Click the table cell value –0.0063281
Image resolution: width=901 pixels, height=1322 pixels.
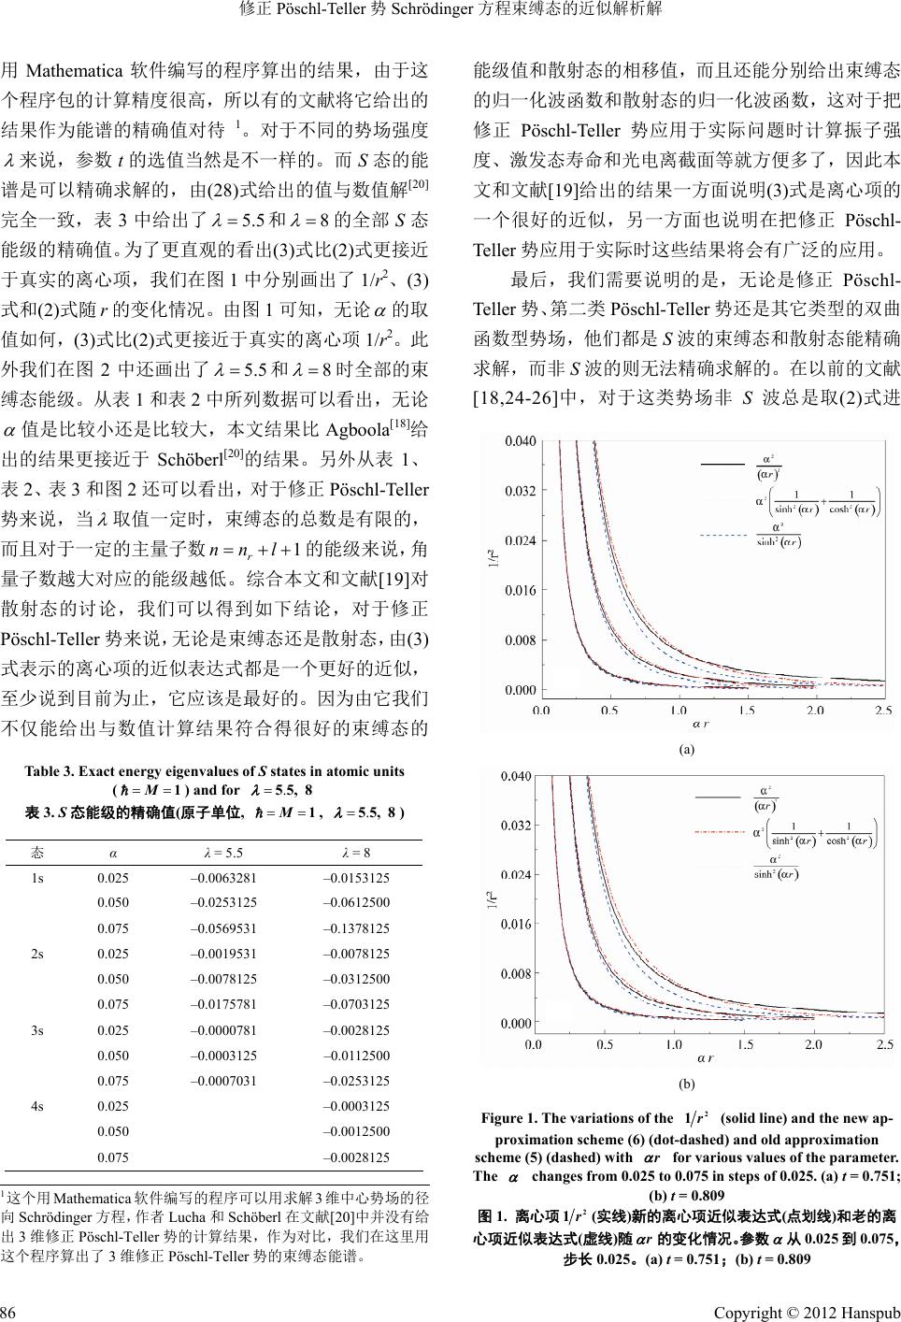(223, 878)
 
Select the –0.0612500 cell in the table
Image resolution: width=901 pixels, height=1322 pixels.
(356, 903)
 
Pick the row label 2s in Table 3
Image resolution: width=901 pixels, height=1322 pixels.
(37, 954)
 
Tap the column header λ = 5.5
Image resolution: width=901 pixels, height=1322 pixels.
(223, 852)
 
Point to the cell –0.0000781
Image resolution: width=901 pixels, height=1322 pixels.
(223, 1030)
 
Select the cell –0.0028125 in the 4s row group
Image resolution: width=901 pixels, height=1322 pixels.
(356, 1157)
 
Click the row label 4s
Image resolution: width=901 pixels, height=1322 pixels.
(37, 1106)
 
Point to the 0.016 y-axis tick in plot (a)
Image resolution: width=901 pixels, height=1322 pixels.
(522, 590)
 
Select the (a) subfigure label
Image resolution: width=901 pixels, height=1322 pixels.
(686, 749)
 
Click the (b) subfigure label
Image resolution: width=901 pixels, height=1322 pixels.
(686, 1085)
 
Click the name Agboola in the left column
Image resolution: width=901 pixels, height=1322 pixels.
(360, 429)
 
